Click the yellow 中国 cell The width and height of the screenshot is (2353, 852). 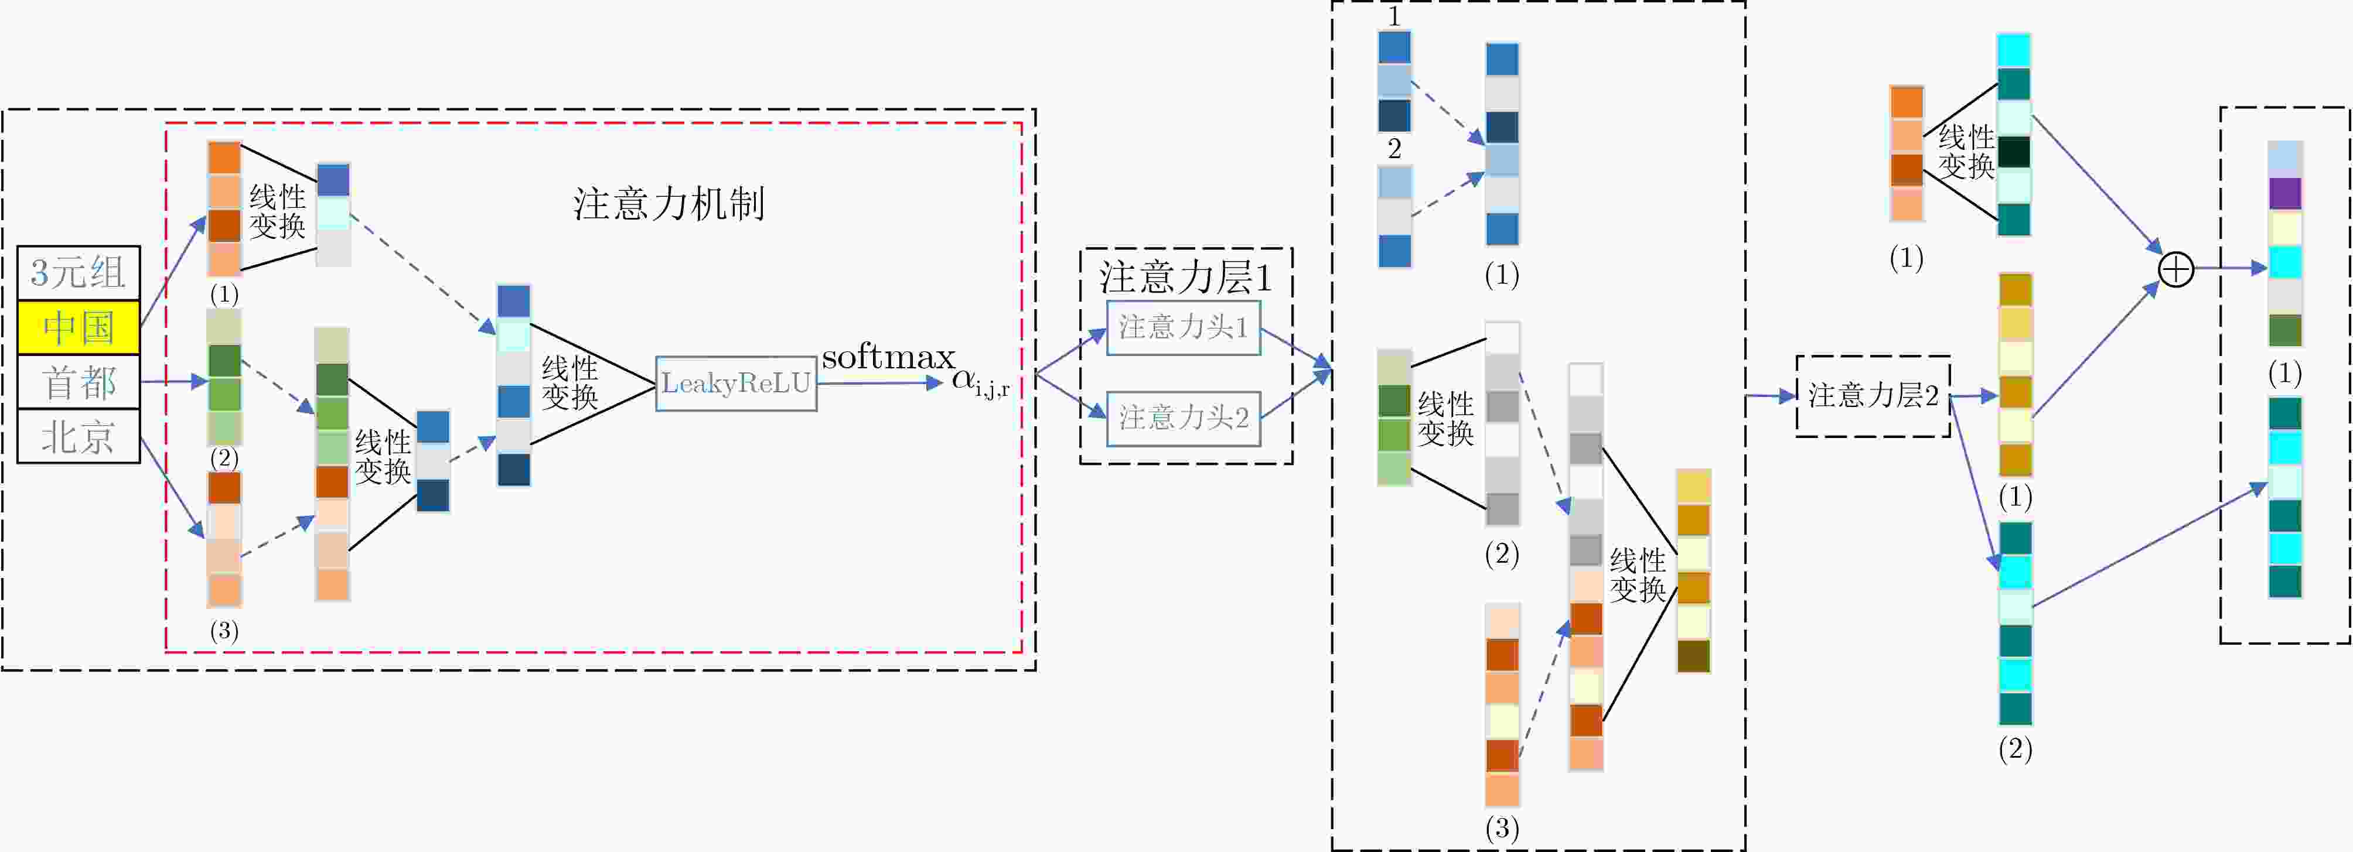tap(79, 327)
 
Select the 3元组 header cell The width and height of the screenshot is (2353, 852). tap(79, 272)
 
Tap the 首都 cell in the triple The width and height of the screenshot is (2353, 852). tap(79, 382)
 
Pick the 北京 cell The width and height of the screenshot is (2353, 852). tap(79, 436)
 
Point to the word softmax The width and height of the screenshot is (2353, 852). tap(888, 357)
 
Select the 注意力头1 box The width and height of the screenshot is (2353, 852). tap(1183, 327)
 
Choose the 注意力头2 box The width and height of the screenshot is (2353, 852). tap(1183, 418)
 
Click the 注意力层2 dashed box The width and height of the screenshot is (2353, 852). tap(1873, 395)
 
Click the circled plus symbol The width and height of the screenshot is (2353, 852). tap(2176, 269)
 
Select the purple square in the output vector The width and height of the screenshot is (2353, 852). tap(2284, 194)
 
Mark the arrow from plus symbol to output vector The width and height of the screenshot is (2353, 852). tap(2229, 268)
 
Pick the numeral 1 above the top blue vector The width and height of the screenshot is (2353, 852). tap(1394, 16)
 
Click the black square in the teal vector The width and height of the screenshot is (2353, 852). tap(2014, 152)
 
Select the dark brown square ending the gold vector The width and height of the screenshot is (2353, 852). tap(1693, 656)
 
